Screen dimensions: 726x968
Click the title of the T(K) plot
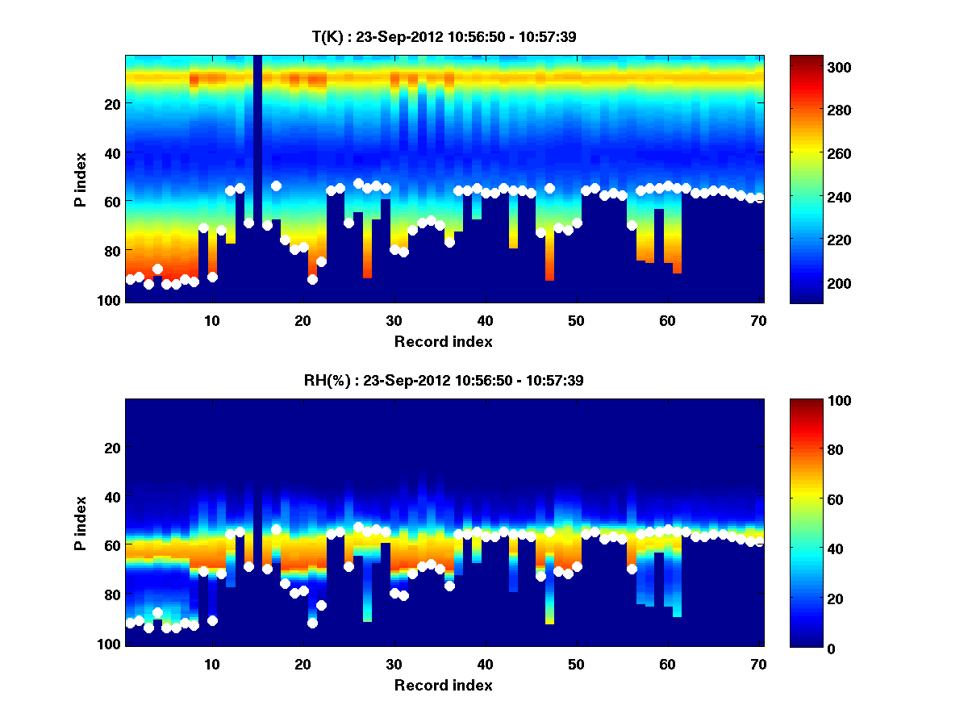[444, 36]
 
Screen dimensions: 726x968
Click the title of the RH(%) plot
[444, 381]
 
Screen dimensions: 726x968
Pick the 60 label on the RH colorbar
[812, 500]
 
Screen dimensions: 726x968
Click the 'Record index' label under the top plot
[444, 341]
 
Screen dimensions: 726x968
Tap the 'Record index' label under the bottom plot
[444, 685]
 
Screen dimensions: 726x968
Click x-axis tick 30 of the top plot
[394, 319]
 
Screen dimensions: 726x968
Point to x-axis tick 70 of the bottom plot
[758, 664]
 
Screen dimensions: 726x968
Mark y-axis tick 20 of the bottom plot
[113, 448]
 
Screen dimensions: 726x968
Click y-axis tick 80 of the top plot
[113, 251]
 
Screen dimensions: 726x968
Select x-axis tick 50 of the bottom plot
[576, 664]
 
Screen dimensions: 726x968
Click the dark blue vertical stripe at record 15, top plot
[257, 161]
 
